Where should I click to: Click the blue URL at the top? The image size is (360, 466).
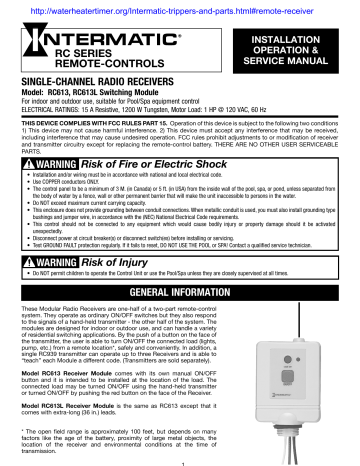[x=180, y=8]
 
